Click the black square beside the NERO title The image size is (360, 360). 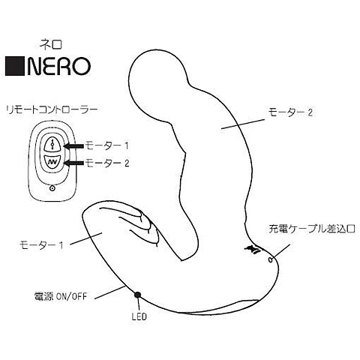[x=15, y=66]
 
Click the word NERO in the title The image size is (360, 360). [x=58, y=66]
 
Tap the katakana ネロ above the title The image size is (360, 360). [x=51, y=44]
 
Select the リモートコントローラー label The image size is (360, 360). [x=51, y=110]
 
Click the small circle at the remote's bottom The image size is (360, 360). [x=52, y=188]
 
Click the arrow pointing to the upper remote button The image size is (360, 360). [x=73, y=146]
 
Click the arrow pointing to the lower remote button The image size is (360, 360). [x=73, y=163]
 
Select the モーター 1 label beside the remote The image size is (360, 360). [x=107, y=145]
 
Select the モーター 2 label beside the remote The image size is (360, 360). [x=107, y=163]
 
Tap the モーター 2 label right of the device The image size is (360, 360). [x=290, y=112]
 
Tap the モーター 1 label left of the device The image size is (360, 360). [x=41, y=244]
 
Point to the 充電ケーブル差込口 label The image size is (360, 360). [x=312, y=229]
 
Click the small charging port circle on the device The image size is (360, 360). [x=270, y=260]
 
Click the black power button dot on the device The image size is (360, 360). [x=137, y=295]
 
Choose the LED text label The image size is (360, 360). [x=139, y=316]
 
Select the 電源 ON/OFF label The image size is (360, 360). [x=60, y=297]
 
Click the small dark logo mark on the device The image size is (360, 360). [x=253, y=248]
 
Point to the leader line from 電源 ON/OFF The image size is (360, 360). [x=109, y=292]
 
